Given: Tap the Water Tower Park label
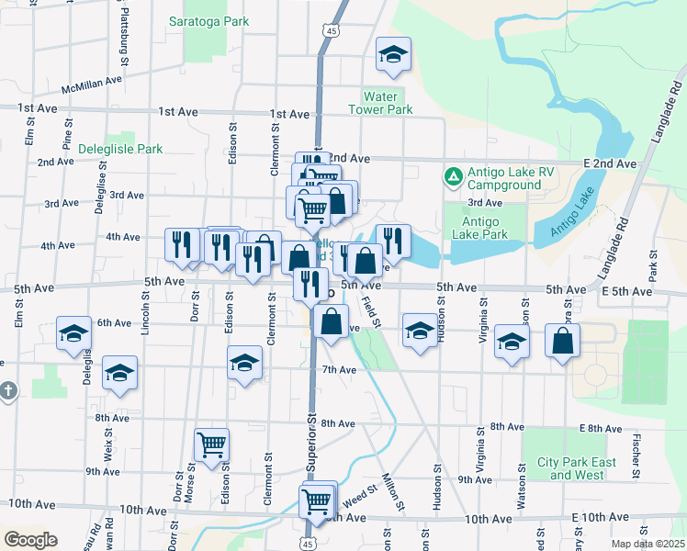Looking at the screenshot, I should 380,103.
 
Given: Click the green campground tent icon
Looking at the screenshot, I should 452,174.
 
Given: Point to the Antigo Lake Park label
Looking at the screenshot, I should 479,228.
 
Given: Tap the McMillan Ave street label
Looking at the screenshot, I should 92,85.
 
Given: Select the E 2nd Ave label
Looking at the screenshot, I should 610,163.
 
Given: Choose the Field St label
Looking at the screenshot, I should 371,314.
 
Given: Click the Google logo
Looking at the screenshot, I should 30,540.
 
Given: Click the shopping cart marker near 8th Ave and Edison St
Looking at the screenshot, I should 212,444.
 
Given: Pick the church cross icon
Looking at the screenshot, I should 7,391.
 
